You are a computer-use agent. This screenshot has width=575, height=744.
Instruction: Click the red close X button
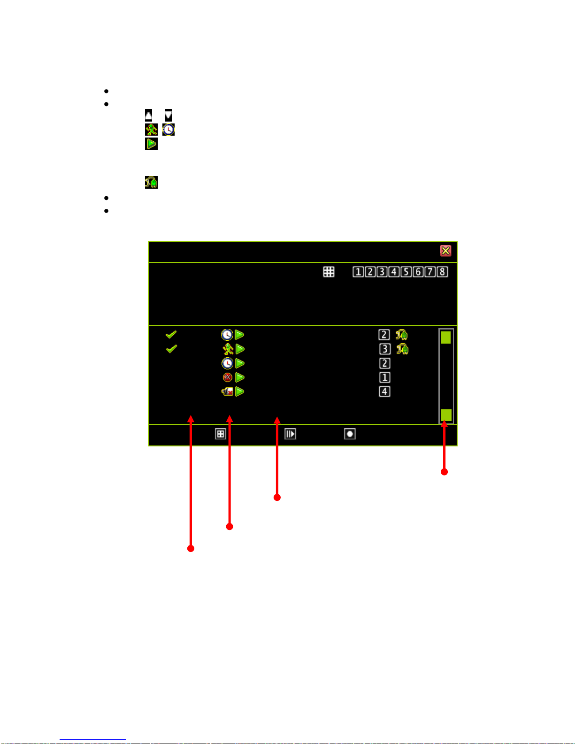[x=445, y=251]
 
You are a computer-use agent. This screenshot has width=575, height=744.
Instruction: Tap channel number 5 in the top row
[x=406, y=272]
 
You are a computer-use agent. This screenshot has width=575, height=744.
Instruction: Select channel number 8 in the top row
[x=442, y=272]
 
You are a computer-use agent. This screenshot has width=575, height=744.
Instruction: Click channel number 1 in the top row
[x=358, y=272]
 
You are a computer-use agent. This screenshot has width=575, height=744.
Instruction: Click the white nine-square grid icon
[x=329, y=272]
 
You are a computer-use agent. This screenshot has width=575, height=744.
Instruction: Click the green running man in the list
[x=228, y=349]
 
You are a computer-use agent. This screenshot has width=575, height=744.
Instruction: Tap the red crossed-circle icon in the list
[x=228, y=377]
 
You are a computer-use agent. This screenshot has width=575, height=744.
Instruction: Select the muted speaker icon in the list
[x=228, y=391]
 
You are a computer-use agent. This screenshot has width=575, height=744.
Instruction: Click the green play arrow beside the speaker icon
[x=240, y=391]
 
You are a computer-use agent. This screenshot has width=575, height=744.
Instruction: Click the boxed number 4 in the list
[x=384, y=391]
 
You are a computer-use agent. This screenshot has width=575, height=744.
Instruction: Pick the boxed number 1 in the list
[x=384, y=377]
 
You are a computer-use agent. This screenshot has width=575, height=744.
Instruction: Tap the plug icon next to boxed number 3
[x=402, y=349]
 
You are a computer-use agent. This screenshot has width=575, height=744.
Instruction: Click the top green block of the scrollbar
[x=445, y=337]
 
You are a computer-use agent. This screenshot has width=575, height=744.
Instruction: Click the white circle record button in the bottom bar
[x=350, y=434]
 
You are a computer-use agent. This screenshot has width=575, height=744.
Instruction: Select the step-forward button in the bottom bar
[x=290, y=434]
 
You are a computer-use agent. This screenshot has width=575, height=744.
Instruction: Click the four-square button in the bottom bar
[x=221, y=434]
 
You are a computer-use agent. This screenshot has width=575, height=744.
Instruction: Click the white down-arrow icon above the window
[x=168, y=115]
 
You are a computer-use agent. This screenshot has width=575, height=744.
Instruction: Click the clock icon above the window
[x=169, y=130]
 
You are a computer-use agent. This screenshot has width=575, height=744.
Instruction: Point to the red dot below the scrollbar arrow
[x=444, y=472]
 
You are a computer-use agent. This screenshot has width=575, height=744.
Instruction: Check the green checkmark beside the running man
[x=171, y=349]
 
